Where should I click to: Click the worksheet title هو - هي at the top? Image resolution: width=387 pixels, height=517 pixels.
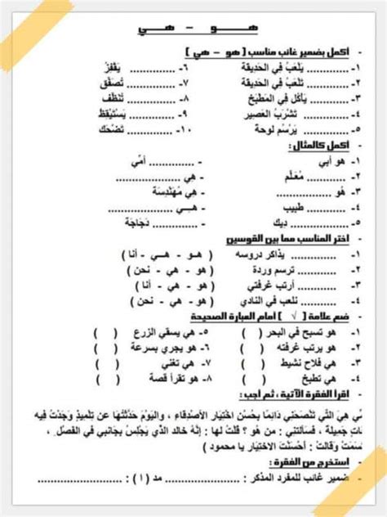click(193, 30)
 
